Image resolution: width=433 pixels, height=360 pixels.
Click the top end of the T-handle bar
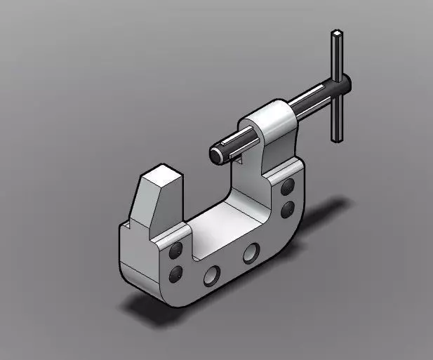(x=338, y=34)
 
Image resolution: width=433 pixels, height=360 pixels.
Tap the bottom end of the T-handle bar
(x=338, y=137)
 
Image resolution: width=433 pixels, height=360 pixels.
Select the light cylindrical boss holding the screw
(x=270, y=120)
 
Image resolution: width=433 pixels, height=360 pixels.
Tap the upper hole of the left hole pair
(x=175, y=251)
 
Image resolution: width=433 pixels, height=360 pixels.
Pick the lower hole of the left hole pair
(x=175, y=272)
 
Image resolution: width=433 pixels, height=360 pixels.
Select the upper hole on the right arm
(x=287, y=187)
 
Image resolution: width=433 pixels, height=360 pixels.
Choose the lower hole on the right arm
(x=287, y=208)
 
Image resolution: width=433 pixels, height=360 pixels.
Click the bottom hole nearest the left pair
(x=211, y=275)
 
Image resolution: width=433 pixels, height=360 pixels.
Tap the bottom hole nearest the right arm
(x=250, y=253)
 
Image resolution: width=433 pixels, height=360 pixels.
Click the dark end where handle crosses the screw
(x=343, y=84)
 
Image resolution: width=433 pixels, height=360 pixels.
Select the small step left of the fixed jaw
(x=127, y=225)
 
